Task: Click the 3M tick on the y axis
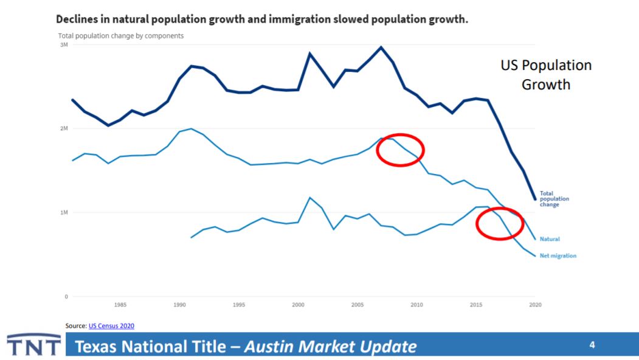tap(63, 45)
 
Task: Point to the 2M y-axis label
tap(63, 129)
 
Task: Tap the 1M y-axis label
tap(63, 213)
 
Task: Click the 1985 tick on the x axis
tap(120, 304)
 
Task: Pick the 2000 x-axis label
tap(298, 304)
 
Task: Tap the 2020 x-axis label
tap(535, 304)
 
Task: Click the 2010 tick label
tap(416, 304)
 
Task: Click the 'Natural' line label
tap(550, 239)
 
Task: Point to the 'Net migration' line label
tap(558, 256)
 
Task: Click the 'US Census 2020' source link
tap(111, 326)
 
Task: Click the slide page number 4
tap(592, 345)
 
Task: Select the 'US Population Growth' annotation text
tap(545, 75)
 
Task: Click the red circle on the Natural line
tap(399, 150)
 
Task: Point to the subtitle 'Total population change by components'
tap(120, 36)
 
